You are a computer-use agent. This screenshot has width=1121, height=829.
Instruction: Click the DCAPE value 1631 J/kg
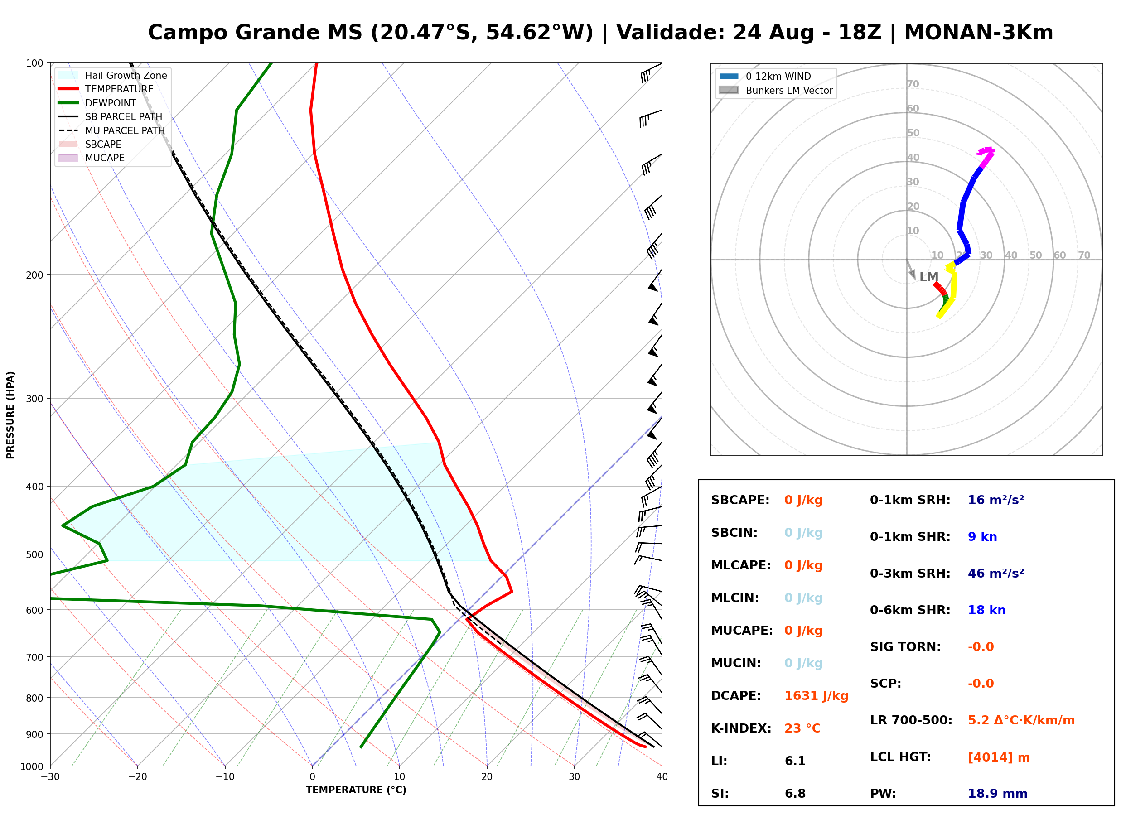point(816,696)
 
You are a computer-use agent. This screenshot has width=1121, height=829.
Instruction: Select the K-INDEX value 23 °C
point(802,728)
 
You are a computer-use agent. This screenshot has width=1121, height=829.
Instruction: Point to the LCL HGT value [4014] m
point(999,758)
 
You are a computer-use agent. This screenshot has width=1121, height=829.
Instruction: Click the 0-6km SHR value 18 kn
point(986,610)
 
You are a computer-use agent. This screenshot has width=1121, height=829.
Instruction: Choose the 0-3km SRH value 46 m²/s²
point(995,574)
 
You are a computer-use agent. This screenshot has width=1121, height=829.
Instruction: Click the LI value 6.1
point(795,761)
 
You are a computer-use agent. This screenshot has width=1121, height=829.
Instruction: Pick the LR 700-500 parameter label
point(911,721)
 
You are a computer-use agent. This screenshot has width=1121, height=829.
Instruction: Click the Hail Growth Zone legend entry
point(112,75)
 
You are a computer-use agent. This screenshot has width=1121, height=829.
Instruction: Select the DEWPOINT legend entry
point(97,103)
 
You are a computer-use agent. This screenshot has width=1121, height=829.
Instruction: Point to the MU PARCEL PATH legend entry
point(111,130)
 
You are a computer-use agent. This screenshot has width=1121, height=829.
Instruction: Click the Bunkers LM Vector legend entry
point(776,90)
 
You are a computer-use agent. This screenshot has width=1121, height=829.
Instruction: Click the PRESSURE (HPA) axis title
point(10,415)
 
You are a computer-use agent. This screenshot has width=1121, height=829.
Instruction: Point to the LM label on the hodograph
point(928,277)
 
